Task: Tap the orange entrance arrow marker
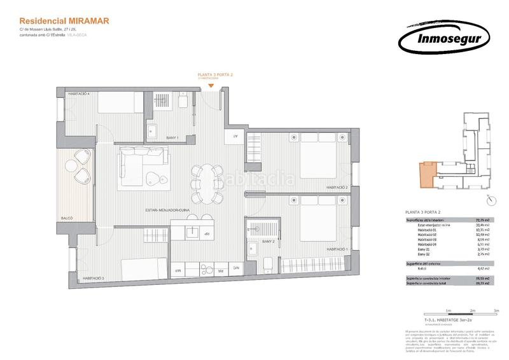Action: (x=211, y=85)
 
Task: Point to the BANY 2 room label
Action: (x=269, y=242)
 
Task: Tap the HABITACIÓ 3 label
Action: (x=93, y=278)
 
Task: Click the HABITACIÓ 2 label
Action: (x=337, y=188)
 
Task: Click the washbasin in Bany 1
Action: (x=153, y=131)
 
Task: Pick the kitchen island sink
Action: (x=193, y=232)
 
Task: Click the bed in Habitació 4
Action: (x=120, y=102)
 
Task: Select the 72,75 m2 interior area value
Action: (x=484, y=220)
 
